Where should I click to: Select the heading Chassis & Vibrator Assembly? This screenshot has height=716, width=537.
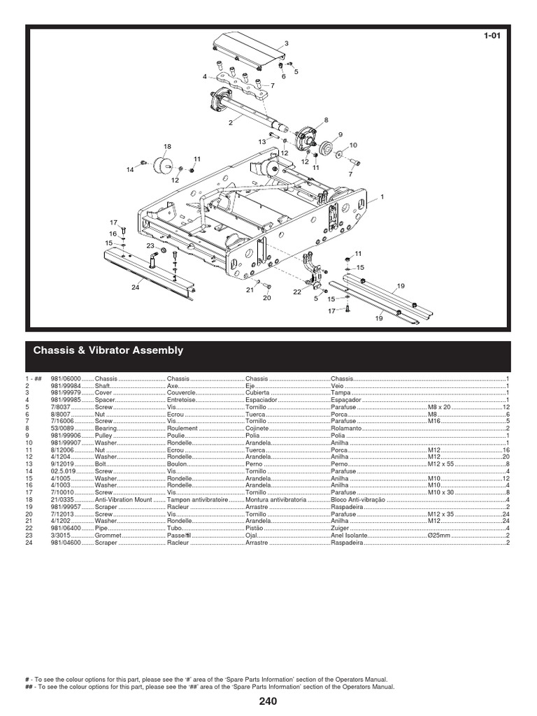coord(108,350)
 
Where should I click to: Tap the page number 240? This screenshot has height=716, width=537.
coord(268,701)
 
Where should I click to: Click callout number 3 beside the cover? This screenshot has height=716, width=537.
coord(285,43)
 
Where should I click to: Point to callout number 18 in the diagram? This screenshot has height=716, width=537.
coord(167,146)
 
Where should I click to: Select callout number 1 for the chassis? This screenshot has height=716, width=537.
coord(382,197)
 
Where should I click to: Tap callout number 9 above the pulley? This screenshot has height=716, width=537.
coord(340,134)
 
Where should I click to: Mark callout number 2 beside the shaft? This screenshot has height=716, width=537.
coord(229,123)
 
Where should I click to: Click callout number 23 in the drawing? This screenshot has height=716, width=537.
coord(150,245)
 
